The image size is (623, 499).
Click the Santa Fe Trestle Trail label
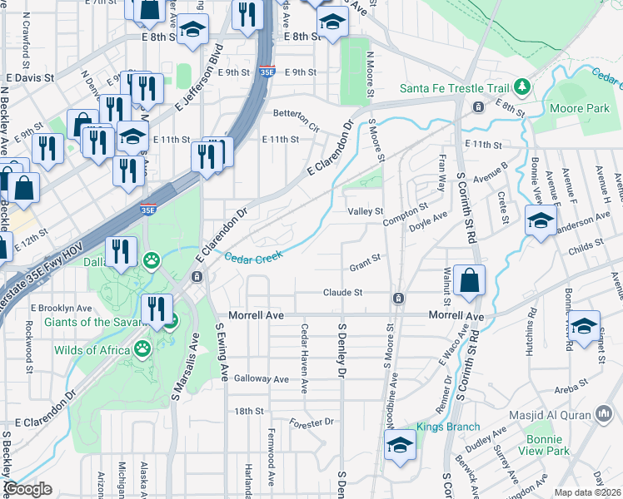tap(454, 87)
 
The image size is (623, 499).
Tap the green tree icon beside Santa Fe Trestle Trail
tap(522, 86)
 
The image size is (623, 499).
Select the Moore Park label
tap(580, 108)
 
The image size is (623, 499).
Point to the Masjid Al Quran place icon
tap(604, 413)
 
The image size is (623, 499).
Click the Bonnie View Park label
tap(547, 444)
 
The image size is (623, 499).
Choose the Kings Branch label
tap(436, 427)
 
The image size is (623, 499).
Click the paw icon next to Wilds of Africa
tap(142, 349)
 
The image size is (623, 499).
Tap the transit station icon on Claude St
tap(399, 298)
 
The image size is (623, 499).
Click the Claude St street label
tap(343, 293)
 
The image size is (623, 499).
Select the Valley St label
tap(365, 212)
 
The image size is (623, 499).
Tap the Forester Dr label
tap(312, 422)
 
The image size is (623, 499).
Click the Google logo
tap(27, 489)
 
